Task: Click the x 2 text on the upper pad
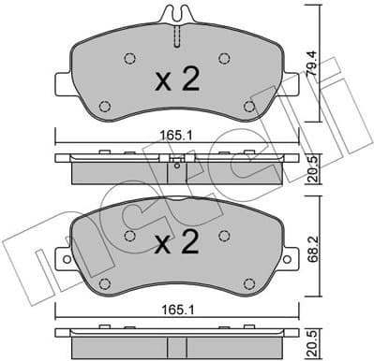(177, 80)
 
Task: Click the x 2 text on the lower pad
(177, 245)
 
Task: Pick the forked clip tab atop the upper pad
(176, 13)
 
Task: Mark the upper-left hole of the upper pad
(128, 58)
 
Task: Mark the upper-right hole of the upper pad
(224, 58)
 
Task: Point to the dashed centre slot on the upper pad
(176, 35)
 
